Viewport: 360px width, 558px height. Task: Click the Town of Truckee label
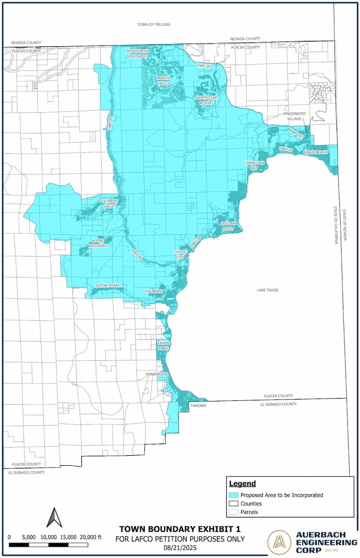click(x=154, y=24)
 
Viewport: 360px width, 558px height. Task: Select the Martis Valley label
click(x=163, y=80)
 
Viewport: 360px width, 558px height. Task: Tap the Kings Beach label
click(x=315, y=153)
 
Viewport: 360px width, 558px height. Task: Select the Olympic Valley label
click(x=109, y=204)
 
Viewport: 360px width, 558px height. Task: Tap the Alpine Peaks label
click(x=107, y=286)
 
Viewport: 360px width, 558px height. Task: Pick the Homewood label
click(x=157, y=374)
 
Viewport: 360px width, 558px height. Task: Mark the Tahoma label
click(x=198, y=406)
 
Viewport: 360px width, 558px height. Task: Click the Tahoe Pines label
click(x=163, y=345)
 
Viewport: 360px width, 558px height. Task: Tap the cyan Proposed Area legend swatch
click(x=234, y=495)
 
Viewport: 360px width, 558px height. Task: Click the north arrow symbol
click(x=54, y=517)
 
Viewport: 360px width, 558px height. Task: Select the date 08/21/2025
click(x=180, y=547)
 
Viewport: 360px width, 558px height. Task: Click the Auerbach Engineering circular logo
click(x=279, y=542)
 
